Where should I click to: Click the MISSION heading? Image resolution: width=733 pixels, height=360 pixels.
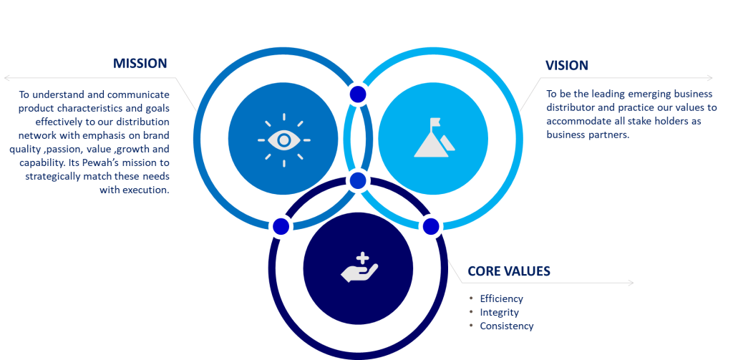pos(140,64)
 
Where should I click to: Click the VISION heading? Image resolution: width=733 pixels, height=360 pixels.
pos(566,65)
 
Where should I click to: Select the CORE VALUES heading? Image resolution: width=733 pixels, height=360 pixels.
pos(509,271)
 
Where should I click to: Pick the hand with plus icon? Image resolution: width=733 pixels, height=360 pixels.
pos(359,267)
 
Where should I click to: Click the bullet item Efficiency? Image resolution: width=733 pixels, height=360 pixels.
pos(501,298)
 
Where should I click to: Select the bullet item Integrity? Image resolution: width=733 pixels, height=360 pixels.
pos(499,312)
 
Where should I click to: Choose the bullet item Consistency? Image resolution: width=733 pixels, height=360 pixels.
pos(506,326)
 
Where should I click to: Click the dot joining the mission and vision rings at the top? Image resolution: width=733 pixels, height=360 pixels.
pos(357,94)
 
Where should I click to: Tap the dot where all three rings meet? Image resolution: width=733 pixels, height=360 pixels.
pos(358,180)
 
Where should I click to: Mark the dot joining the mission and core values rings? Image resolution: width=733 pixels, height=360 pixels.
pos(281,226)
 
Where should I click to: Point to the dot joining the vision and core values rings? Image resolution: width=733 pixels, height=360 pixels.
pos(430,226)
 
